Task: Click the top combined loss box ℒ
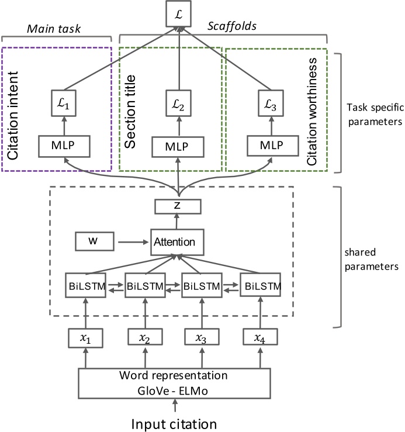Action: click(x=178, y=11)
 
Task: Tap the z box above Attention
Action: click(x=178, y=206)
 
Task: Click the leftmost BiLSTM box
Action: click(x=85, y=287)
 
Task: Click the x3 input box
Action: click(x=202, y=337)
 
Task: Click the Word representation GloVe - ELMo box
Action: click(x=173, y=383)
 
